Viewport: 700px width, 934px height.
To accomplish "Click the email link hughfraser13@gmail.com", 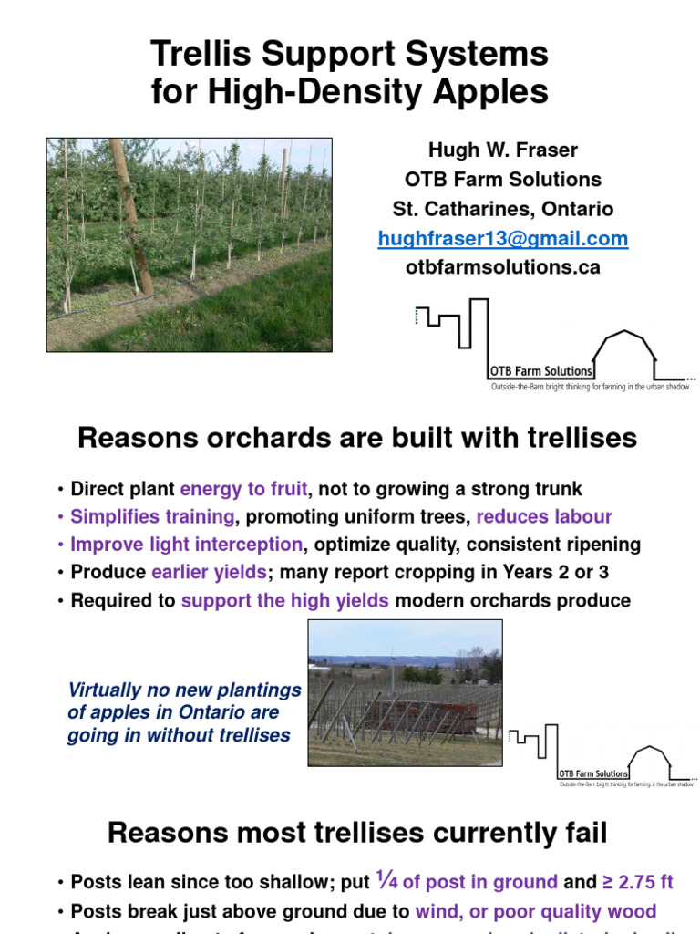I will tap(502, 239).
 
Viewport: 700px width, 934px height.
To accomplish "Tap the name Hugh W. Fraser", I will tap(502, 150).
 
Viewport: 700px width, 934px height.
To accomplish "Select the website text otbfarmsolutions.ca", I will tap(502, 267).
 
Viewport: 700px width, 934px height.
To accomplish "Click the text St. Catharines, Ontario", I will tap(502, 209).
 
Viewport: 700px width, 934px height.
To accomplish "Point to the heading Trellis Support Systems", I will tap(350, 55).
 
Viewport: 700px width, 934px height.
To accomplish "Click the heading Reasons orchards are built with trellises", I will tap(357, 439).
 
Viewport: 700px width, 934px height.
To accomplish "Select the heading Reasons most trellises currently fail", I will tap(357, 832).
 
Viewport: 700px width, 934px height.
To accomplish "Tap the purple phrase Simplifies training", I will tap(152, 517).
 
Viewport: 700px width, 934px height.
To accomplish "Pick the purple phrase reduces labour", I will tap(544, 517).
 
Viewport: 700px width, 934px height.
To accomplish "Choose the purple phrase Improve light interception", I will tap(187, 545).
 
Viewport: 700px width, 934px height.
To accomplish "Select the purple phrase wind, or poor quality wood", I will tap(535, 910).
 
